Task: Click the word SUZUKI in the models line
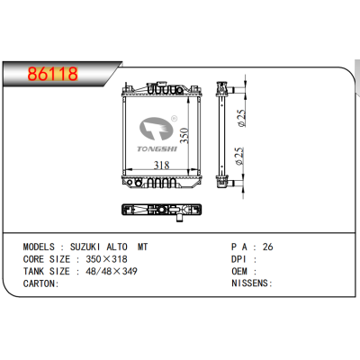88,246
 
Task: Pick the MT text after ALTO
143,246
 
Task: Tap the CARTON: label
40,283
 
